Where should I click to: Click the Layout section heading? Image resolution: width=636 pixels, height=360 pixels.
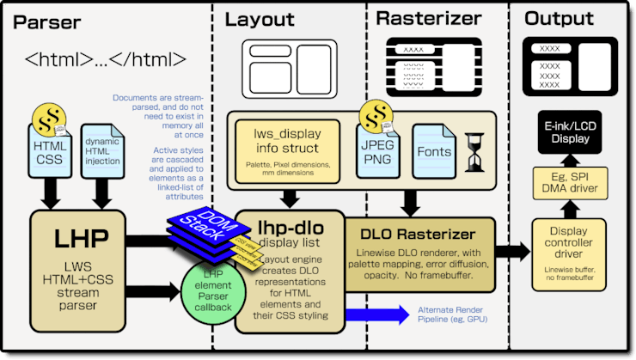(x=260, y=19)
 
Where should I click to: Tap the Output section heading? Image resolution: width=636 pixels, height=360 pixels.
(x=560, y=19)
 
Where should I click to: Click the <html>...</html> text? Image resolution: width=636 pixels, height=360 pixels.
(x=106, y=60)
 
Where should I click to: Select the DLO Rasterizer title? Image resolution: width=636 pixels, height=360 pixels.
(x=419, y=235)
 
